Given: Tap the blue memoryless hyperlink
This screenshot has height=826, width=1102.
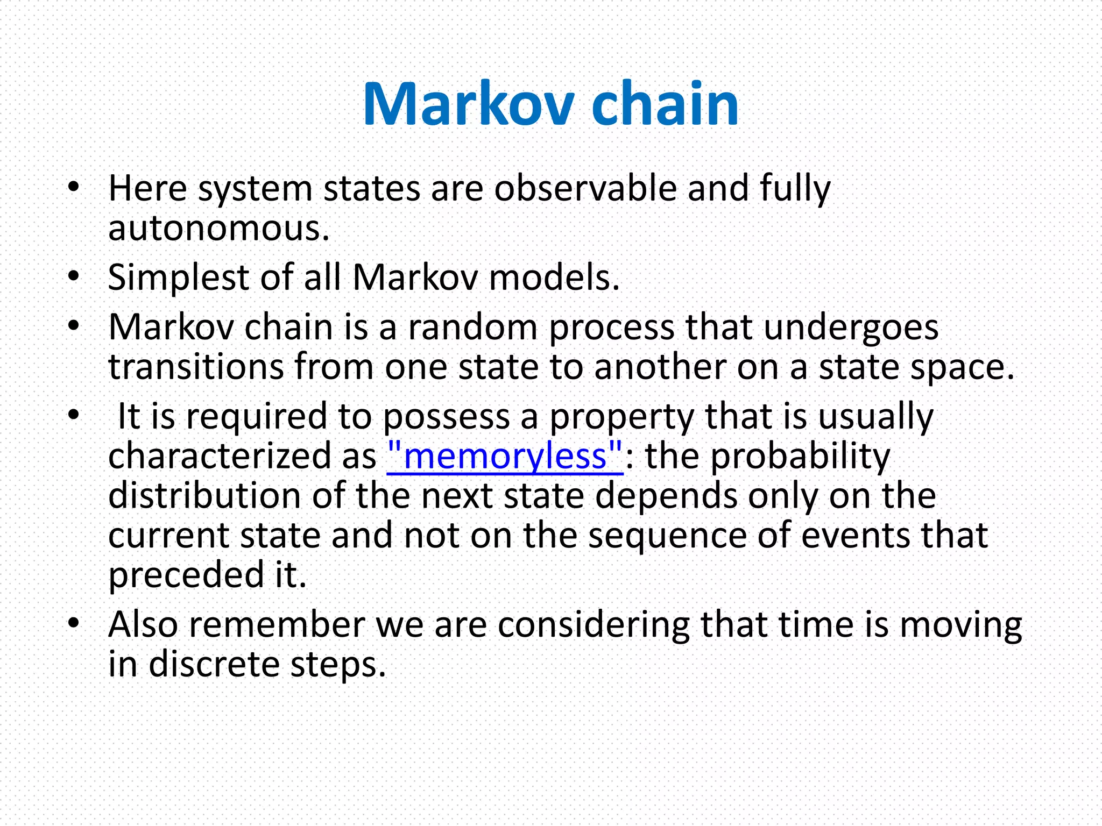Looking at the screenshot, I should point(505,456).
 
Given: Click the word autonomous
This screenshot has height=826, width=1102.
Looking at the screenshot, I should point(218,229).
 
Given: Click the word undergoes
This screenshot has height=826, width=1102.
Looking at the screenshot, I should point(851,327).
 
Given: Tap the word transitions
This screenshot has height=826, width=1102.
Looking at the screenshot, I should point(196,367).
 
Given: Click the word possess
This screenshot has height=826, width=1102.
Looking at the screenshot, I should point(446,417).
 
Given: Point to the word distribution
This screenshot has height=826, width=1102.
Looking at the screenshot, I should point(204,495).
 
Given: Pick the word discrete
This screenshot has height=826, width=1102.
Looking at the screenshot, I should point(214,664).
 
